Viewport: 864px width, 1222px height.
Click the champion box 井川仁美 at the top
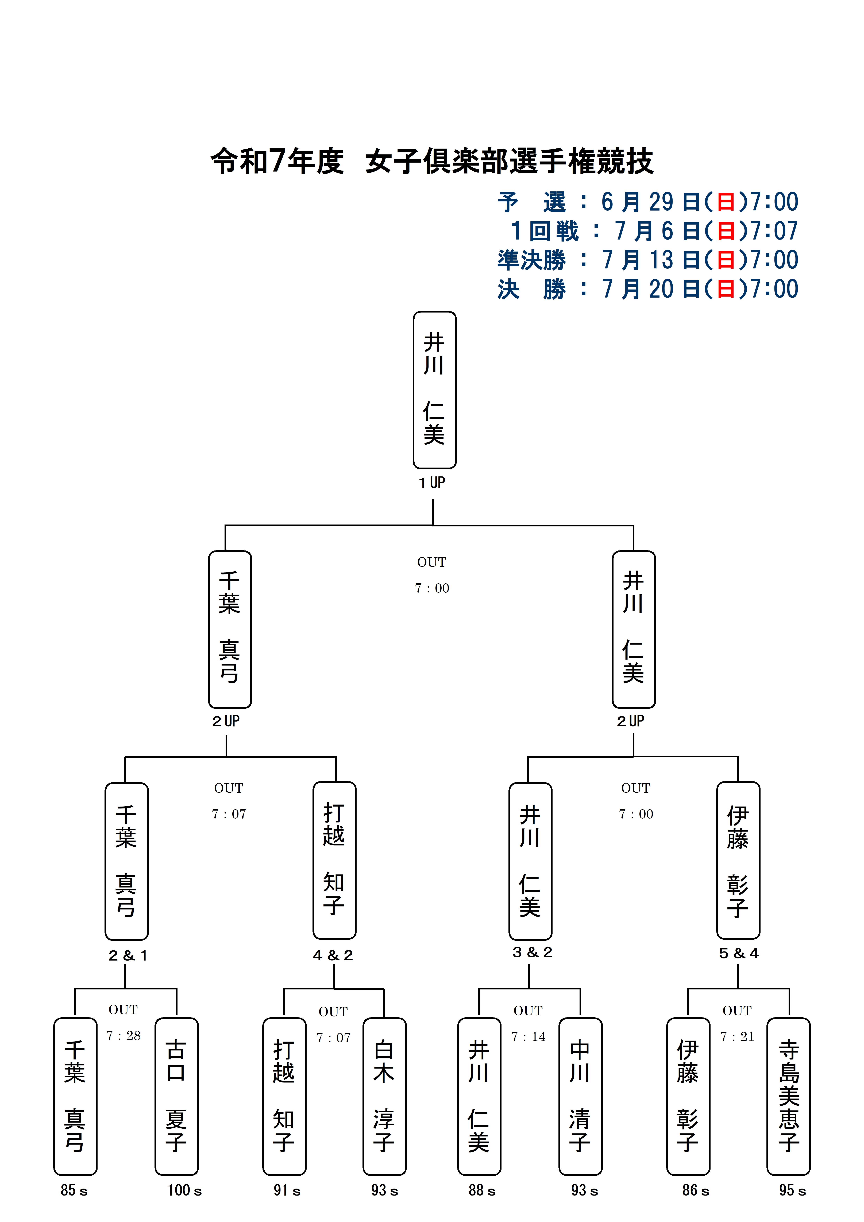pos(434,390)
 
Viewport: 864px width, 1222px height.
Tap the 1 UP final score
pos(432,483)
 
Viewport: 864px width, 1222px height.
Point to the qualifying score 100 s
pos(185,1191)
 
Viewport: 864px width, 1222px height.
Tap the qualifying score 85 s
pos(74,1191)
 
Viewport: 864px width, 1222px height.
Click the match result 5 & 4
pos(738,953)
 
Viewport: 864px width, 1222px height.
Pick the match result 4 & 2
pos(333,955)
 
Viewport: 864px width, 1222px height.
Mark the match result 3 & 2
pos(532,952)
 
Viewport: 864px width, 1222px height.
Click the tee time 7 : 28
pos(124,1036)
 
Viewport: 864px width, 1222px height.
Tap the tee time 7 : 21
pos(737,1037)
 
